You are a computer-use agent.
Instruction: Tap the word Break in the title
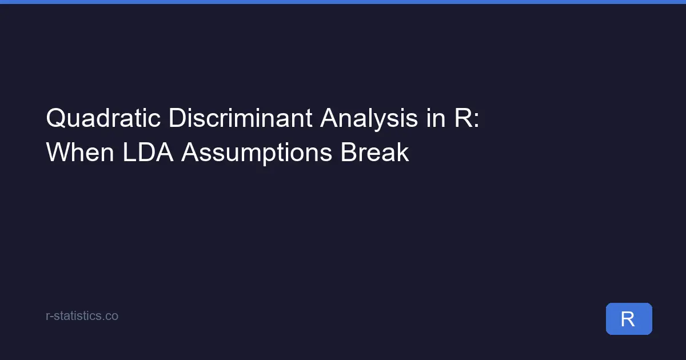375,153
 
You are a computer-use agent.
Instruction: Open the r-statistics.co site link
82,315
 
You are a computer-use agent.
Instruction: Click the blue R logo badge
628,319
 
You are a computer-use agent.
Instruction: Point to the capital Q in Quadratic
55,119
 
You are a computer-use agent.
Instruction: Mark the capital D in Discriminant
176,119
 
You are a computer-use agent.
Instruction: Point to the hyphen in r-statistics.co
51,316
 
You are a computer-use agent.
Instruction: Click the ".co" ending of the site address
111,315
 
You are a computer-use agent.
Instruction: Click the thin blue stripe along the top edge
343,2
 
